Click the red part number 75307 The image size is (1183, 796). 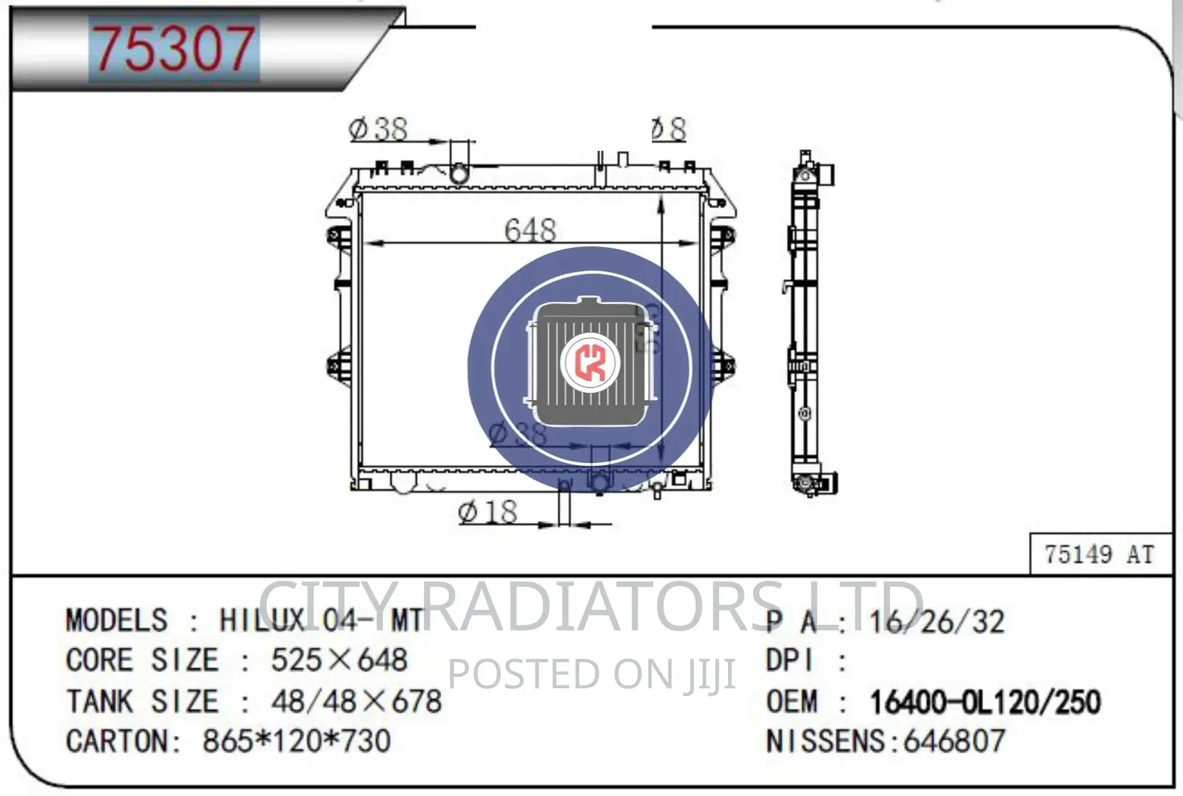(x=173, y=49)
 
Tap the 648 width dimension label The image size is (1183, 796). (x=530, y=230)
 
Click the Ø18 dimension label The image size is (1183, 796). (x=488, y=512)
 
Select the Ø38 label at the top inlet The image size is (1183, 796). (x=378, y=129)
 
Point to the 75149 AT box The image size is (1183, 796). (x=1099, y=554)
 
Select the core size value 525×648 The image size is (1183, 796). (x=339, y=660)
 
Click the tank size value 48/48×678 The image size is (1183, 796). (x=356, y=701)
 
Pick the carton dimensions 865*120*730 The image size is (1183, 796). (x=296, y=741)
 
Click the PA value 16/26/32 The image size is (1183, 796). (x=937, y=622)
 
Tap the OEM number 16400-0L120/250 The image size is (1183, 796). (x=985, y=702)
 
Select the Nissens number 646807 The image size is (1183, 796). (x=954, y=741)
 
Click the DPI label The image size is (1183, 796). (x=789, y=661)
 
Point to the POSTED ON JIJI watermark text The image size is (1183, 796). (x=592, y=674)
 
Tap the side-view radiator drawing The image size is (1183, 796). (x=810, y=326)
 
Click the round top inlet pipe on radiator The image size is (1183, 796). (x=459, y=174)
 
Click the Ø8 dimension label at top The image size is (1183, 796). (x=669, y=129)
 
